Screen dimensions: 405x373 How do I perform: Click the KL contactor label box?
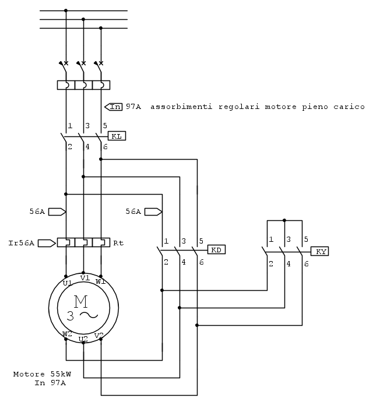pyautogui.click(x=117, y=136)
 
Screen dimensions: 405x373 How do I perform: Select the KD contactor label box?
pyautogui.click(x=216, y=249)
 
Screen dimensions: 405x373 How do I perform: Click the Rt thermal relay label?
pyautogui.click(x=118, y=242)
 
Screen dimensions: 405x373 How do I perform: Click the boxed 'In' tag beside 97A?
pyautogui.click(x=115, y=107)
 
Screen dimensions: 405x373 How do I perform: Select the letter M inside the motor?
pyautogui.click(x=80, y=301)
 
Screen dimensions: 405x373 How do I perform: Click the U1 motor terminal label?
pyautogui.click(x=68, y=283)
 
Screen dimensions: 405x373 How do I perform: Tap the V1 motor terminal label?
pyautogui.click(x=85, y=278)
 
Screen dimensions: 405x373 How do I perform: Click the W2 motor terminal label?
pyautogui.click(x=68, y=334)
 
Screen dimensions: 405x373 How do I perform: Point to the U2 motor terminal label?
pyautogui.click(x=83, y=339)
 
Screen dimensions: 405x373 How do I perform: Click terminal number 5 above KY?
pyautogui.click(x=305, y=239)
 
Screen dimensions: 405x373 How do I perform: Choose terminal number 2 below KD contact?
pyautogui.click(x=166, y=262)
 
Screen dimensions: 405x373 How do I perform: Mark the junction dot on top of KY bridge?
pyautogui.click(x=284, y=220)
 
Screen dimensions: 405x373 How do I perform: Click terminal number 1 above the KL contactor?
pyautogui.click(x=70, y=125)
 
